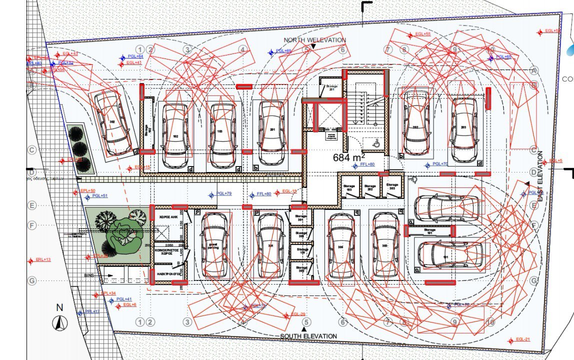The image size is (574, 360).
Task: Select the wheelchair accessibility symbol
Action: [x=375, y=143]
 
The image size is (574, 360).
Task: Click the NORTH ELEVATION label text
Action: [x=314, y=40]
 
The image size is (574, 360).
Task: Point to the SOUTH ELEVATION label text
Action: [x=308, y=336]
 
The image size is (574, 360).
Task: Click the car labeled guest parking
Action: [x=216, y=245]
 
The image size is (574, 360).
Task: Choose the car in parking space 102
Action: [x=175, y=135]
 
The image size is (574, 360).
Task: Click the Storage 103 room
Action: [x=349, y=188]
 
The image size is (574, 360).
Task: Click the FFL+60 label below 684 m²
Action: [x=367, y=164]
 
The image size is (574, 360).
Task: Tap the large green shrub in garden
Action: [x=122, y=232]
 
